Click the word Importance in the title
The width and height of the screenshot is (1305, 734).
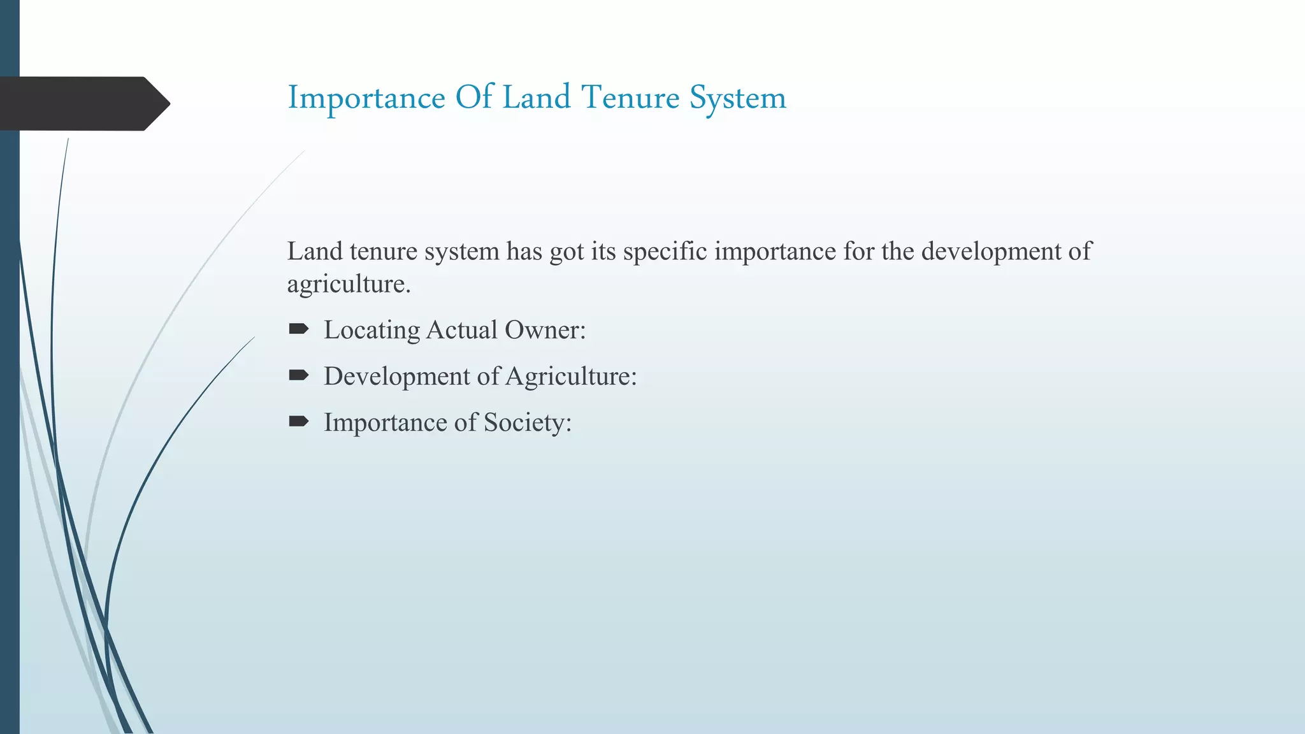(x=366, y=98)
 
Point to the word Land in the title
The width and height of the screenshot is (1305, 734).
(x=537, y=98)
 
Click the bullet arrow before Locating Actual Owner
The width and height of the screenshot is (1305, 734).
(x=298, y=329)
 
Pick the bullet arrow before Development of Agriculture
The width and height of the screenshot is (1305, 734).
(x=298, y=375)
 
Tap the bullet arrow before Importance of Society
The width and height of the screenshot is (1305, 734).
(x=298, y=421)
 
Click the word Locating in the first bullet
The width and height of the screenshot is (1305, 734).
(x=371, y=331)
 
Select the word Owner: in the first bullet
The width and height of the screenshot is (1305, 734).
(x=545, y=330)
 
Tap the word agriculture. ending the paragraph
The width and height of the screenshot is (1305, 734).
(x=349, y=284)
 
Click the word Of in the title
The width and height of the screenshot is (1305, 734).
(x=474, y=98)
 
